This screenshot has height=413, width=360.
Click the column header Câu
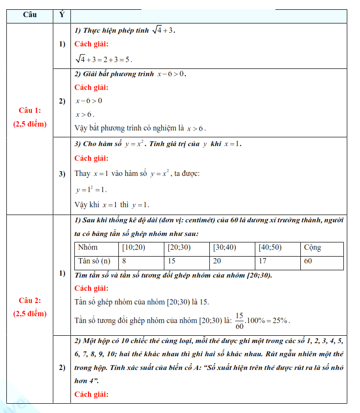(x=30, y=15)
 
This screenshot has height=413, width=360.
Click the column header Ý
(x=62, y=15)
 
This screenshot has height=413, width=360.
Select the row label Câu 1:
(x=30, y=110)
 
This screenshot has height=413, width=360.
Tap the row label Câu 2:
(x=30, y=300)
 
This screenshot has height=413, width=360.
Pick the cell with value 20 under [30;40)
(x=217, y=261)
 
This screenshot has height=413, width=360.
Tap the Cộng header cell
(x=312, y=247)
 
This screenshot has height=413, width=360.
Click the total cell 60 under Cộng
(x=308, y=261)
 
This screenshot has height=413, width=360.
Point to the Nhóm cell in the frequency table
(x=88, y=247)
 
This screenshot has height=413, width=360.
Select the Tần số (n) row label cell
(x=94, y=261)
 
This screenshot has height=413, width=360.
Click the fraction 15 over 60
(x=239, y=321)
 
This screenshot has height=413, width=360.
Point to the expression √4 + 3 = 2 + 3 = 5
(x=103, y=59)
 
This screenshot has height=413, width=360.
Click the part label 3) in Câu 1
(x=62, y=174)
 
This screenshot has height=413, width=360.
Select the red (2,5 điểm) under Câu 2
(x=30, y=313)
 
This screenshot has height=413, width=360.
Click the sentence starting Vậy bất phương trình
(x=140, y=129)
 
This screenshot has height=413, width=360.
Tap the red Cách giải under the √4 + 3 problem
(x=91, y=44)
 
